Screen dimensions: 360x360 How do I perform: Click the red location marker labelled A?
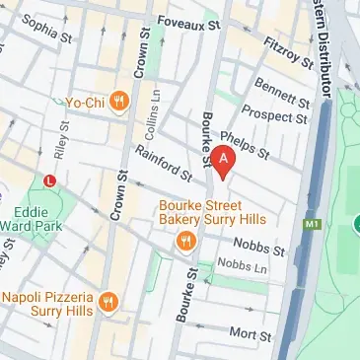tap(224, 161)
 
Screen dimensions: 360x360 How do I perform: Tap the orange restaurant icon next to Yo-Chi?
tap(119, 99)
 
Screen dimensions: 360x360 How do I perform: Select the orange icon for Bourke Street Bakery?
tap(183, 241)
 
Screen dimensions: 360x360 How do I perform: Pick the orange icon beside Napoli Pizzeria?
tap(108, 302)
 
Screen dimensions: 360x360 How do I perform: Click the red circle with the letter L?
tap(50, 180)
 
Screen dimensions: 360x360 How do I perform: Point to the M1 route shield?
tap(314, 226)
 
